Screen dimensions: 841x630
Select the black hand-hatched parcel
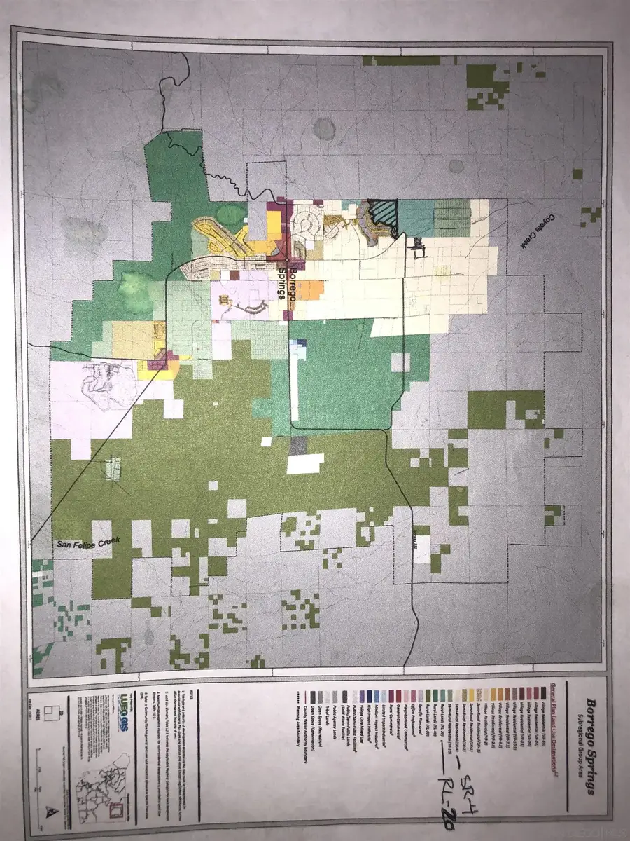pos(384,217)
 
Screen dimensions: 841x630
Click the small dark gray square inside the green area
pos(298,444)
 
